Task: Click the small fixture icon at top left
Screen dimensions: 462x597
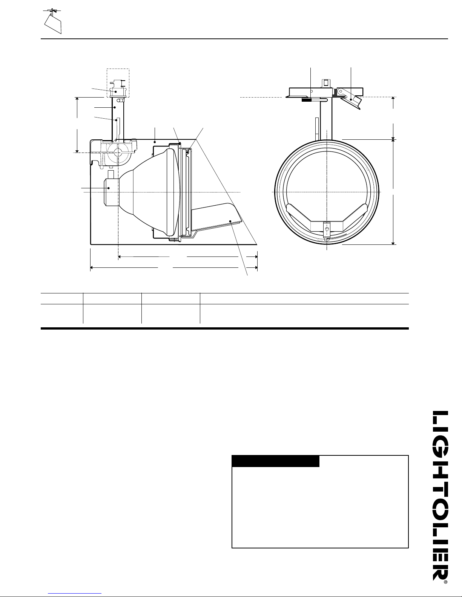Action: click(53, 21)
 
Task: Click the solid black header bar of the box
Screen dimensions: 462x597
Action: click(276, 461)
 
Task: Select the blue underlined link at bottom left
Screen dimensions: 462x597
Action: click(75, 594)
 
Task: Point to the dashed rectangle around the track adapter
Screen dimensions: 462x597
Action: click(118, 83)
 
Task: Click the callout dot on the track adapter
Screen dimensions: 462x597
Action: click(116, 92)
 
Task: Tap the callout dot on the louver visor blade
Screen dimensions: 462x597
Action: click(230, 221)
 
